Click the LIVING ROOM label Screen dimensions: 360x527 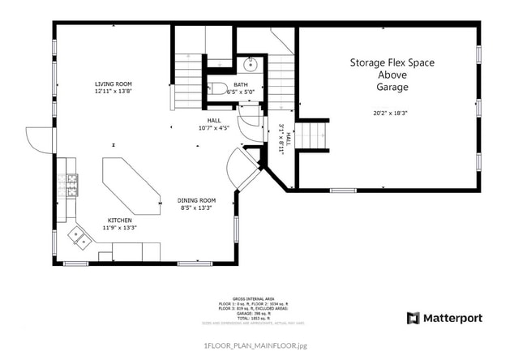113,84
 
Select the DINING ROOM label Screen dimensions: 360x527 196,199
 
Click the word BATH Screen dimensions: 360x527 241,84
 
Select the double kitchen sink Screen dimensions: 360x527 79,237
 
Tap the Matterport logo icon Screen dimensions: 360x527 413,318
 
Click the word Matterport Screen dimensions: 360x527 452,318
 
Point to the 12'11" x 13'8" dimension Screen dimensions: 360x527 113,92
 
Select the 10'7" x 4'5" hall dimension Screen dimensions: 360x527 214,127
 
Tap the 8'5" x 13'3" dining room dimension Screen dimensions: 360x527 196,208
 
